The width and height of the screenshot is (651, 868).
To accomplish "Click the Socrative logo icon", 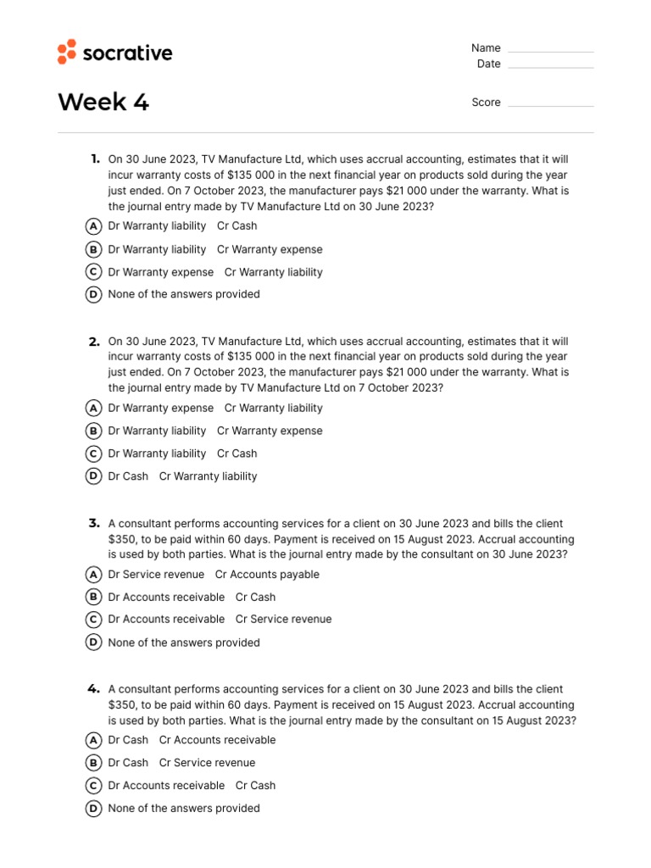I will tap(67, 52).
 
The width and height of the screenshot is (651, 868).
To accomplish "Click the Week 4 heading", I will tap(103, 103).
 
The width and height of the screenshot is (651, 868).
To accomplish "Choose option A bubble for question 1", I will tap(93, 226).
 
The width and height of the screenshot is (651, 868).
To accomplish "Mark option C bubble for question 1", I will tap(93, 272).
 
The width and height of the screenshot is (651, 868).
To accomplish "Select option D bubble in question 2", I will tap(93, 476).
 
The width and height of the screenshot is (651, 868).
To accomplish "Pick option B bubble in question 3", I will tap(93, 597).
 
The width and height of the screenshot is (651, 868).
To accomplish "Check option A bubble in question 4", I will tap(93, 740).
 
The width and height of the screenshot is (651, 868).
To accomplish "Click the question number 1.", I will tap(95, 159).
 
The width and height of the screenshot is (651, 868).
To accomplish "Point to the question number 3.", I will tap(94, 523).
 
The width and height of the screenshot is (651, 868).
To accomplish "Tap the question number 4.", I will tap(94, 689).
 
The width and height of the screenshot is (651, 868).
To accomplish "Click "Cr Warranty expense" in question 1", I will tap(270, 249).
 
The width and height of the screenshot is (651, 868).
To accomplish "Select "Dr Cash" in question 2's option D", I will tap(128, 476).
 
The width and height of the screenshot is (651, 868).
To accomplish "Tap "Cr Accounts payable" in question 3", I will tap(267, 575).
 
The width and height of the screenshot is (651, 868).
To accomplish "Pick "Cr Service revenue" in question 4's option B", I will tap(207, 763).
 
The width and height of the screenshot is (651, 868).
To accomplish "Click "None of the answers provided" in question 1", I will tap(184, 295).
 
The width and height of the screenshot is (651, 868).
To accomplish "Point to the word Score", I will tap(486, 103).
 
